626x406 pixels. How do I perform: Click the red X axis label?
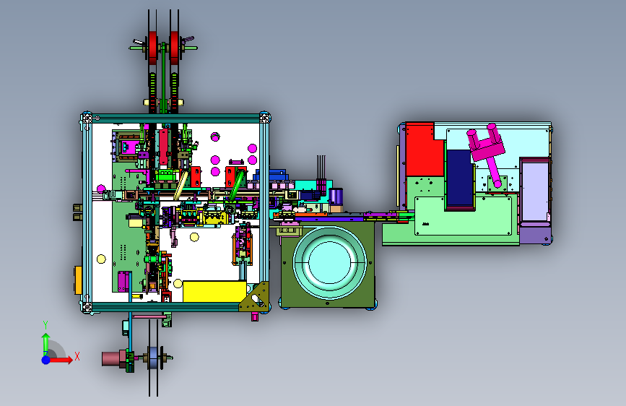77,356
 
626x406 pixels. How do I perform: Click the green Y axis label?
45,325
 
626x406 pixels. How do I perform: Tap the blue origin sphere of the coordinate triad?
46,360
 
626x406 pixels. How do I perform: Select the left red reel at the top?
153,47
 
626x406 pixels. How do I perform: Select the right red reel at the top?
175,47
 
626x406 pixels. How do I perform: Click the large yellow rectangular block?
214,291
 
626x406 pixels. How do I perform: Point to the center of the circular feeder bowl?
330,262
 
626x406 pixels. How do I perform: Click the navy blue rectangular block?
459,178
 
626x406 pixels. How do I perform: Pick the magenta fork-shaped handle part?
486,151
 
